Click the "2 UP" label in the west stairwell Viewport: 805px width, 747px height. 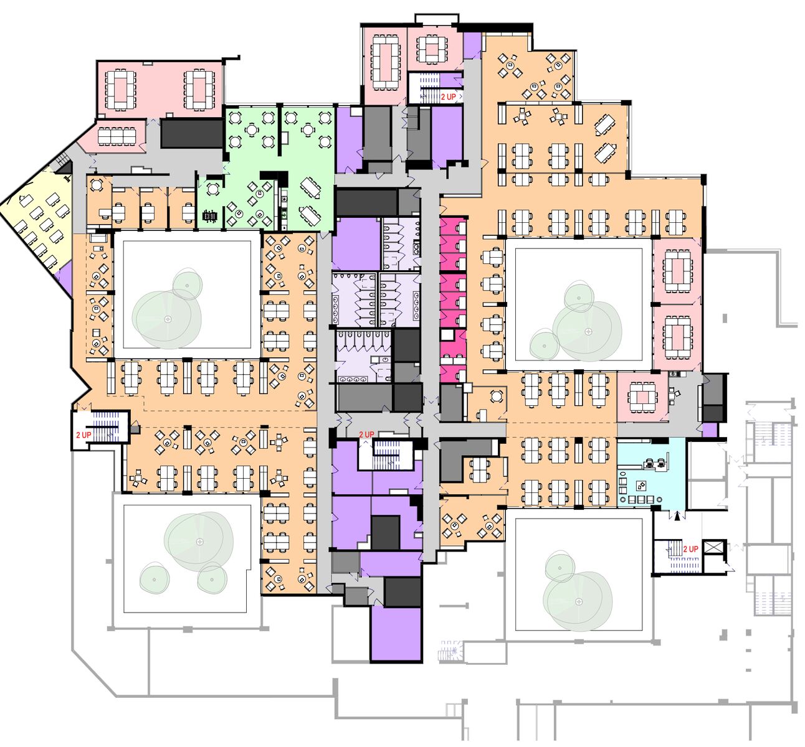coord(83,435)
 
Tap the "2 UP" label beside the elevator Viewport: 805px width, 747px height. coord(690,549)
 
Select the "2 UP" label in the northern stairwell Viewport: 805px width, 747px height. coord(449,97)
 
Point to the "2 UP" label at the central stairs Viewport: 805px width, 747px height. coord(366,435)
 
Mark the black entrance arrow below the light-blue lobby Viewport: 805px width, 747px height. coord(677,515)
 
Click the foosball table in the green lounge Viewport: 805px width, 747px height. coord(210,217)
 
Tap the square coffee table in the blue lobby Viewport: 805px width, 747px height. coord(641,485)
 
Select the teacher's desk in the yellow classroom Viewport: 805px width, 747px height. coord(25,200)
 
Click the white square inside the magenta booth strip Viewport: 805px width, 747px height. coord(447,335)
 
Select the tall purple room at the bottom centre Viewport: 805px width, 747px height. coord(396,634)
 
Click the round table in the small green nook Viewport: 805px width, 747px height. coord(213,189)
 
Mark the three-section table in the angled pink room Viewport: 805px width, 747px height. coord(117,136)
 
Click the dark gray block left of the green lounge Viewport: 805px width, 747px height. coord(192,133)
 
